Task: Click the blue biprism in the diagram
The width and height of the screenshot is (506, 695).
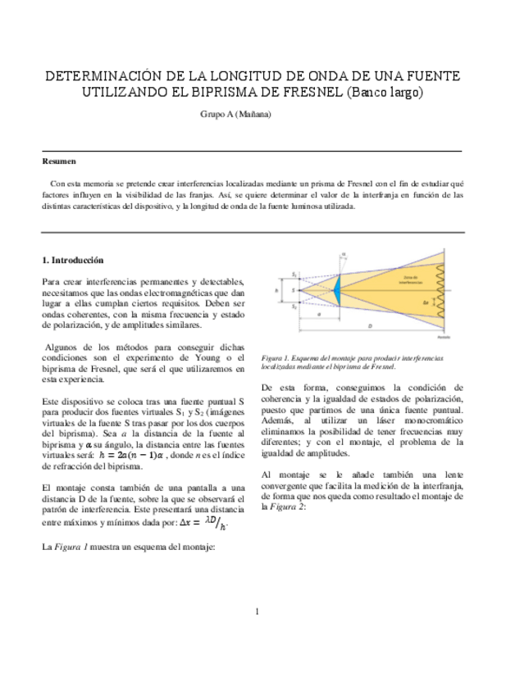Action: pyautogui.click(x=336, y=288)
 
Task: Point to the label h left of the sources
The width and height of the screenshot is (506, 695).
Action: pyautogui.click(x=278, y=289)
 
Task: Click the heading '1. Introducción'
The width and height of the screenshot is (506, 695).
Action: pyautogui.click(x=72, y=260)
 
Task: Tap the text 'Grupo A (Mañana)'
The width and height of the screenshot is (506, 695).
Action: pyautogui.click(x=235, y=114)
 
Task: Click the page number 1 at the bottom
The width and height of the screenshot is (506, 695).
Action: pyautogui.click(x=256, y=611)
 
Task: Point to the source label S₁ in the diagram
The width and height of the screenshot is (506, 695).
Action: pyautogui.click(x=294, y=273)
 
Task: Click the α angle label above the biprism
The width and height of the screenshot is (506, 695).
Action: pyautogui.click(x=343, y=255)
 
